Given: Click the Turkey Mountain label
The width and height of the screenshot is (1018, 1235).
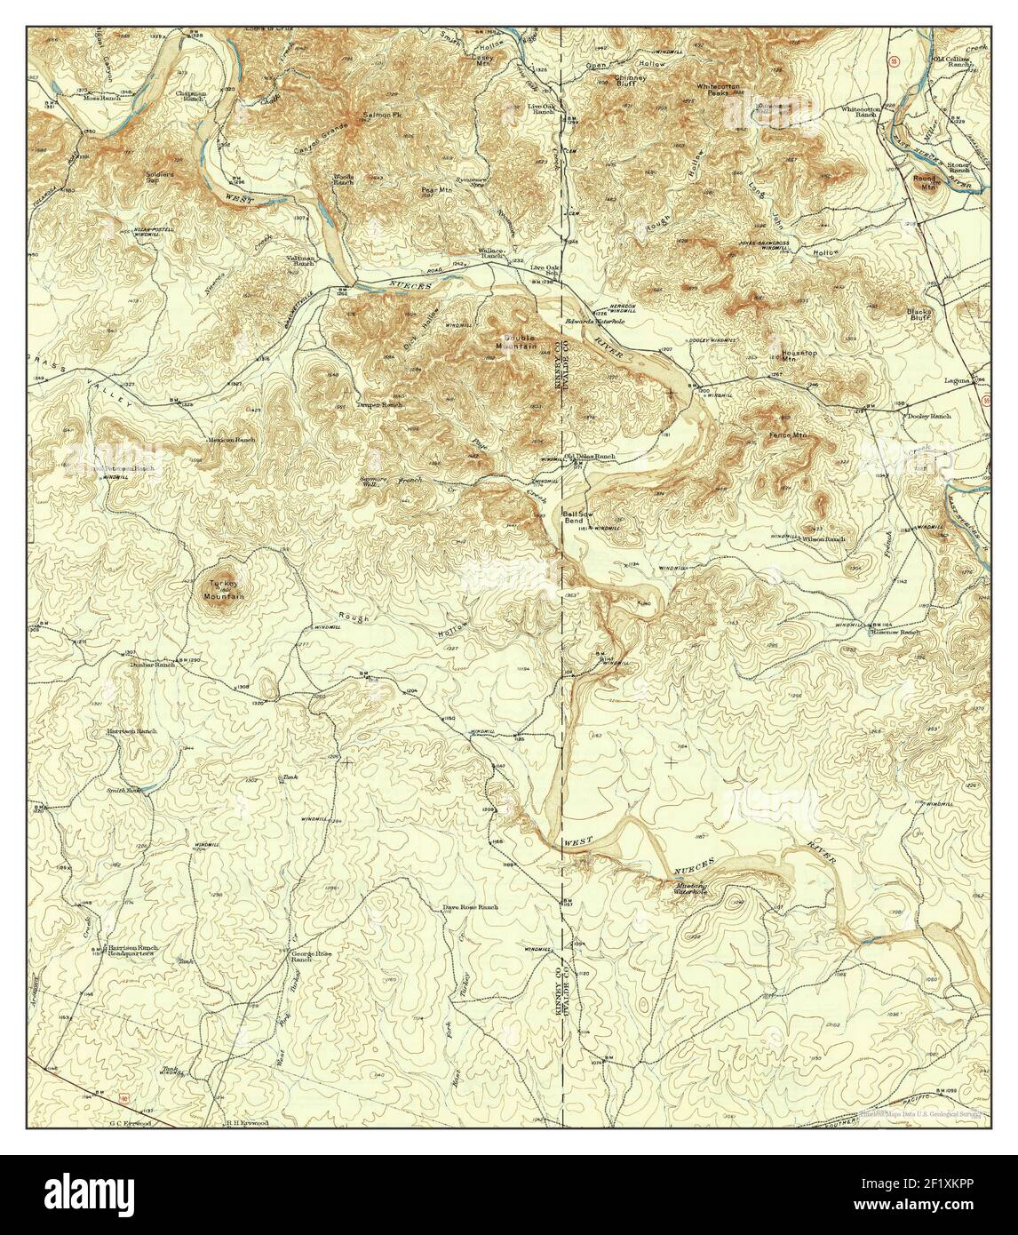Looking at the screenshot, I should coord(224,589).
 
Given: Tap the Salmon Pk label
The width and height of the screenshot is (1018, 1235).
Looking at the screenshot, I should coord(378,116).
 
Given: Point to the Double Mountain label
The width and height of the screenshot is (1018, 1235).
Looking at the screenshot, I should coord(521,342).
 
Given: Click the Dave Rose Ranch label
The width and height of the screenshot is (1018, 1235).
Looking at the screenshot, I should coord(470,908).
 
